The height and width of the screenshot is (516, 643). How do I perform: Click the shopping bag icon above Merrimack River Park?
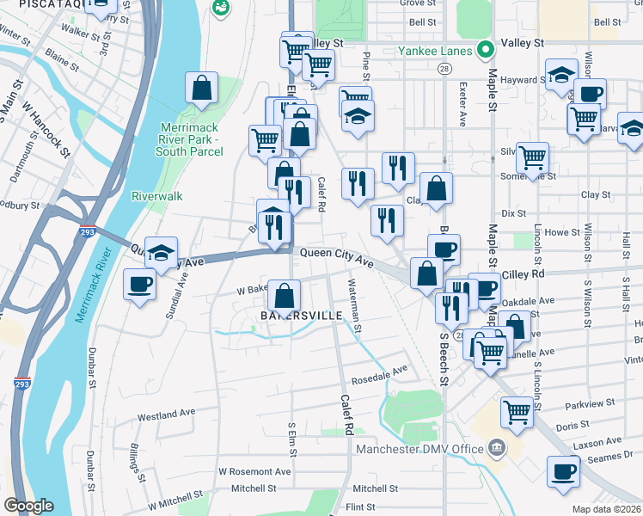[x=200, y=89]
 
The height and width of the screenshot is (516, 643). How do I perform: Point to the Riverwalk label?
[x=156, y=196]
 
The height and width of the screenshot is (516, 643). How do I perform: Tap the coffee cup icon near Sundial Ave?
[x=139, y=284]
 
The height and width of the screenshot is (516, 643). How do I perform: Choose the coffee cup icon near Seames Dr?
[x=563, y=471]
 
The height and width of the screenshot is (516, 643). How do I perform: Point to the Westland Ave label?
[x=167, y=414]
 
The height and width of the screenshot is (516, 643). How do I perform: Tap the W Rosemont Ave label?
[x=254, y=471]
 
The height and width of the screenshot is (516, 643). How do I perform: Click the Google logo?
[x=28, y=506]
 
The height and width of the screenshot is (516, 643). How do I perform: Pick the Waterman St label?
[x=354, y=306]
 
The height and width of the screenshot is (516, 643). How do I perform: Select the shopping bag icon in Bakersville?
[x=284, y=297]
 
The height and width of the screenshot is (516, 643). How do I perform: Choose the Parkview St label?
[x=591, y=402]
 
